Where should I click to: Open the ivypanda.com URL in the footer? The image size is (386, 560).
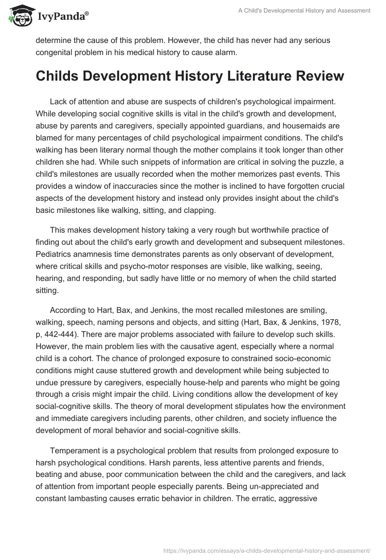point(267,549)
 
